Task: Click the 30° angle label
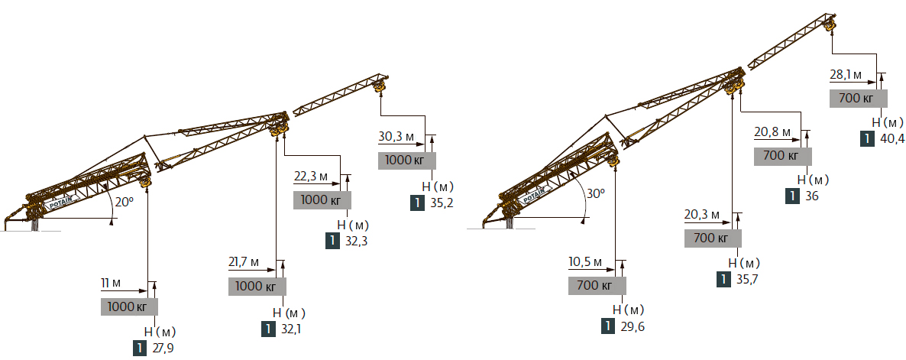pyautogui.click(x=596, y=193)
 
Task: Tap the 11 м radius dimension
pyautogui.click(x=111, y=283)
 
